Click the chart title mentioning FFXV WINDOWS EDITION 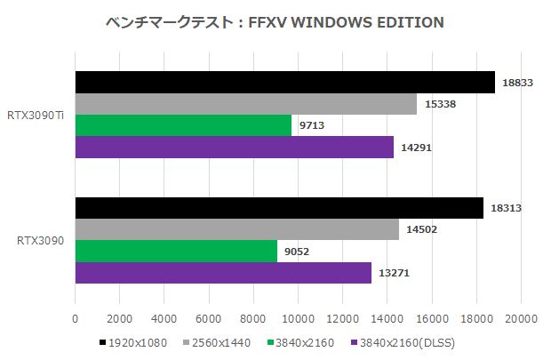click(275, 21)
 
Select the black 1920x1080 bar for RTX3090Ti click(284, 82)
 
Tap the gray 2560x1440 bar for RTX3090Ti click(245, 104)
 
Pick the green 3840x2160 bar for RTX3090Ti click(183, 125)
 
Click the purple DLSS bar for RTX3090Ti click(234, 148)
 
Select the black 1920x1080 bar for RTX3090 click(279, 208)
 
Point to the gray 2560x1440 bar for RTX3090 click(236, 229)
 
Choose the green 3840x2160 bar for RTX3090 click(176, 252)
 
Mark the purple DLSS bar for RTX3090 click(223, 273)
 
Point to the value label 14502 click(421, 229)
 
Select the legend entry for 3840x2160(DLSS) click(401, 342)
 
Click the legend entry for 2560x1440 click(218, 342)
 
